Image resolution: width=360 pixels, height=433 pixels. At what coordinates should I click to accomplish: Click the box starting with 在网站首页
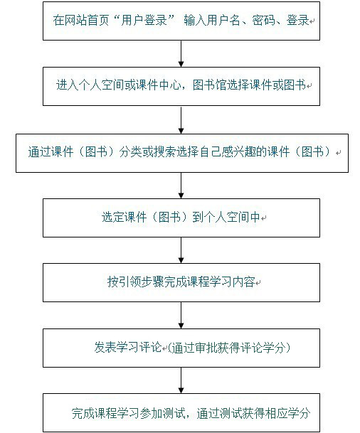tap(181, 21)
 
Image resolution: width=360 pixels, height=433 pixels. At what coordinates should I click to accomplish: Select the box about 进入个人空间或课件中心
tap(181, 85)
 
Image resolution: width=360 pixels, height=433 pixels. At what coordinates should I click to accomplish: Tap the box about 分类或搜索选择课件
tap(181, 152)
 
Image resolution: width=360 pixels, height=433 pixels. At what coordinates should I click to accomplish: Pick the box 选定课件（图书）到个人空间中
tap(181, 218)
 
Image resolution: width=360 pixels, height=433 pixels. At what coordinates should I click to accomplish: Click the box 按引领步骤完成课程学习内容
tap(181, 283)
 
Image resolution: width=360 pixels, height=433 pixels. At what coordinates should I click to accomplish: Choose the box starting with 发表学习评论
tap(181, 348)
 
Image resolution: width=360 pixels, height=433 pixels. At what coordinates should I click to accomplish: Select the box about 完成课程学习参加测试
tap(181, 412)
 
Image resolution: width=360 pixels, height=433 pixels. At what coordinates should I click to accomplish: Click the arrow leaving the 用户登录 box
tap(181, 53)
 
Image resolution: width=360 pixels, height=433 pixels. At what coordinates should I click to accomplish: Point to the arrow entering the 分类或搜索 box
tap(181, 118)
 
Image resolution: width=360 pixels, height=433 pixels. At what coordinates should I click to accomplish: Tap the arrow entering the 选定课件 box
tap(181, 185)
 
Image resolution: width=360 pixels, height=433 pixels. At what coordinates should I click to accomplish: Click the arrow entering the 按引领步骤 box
tap(181, 250)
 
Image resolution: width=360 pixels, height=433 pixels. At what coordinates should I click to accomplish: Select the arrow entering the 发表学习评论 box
tap(181, 315)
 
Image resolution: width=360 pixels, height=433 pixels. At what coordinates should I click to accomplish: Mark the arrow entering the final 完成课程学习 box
tap(181, 380)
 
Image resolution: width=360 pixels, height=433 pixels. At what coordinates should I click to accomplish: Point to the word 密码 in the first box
tap(264, 21)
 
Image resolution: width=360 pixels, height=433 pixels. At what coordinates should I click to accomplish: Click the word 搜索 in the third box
tap(157, 152)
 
